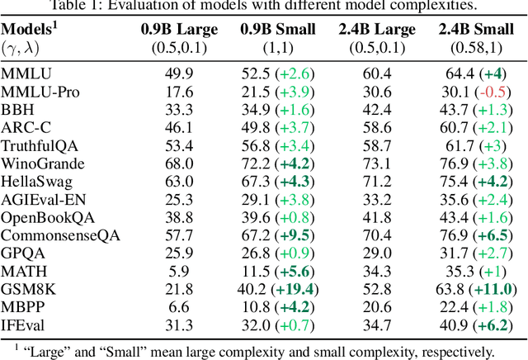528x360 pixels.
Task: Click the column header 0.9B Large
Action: tap(179, 31)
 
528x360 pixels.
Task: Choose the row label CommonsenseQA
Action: tap(60, 234)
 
